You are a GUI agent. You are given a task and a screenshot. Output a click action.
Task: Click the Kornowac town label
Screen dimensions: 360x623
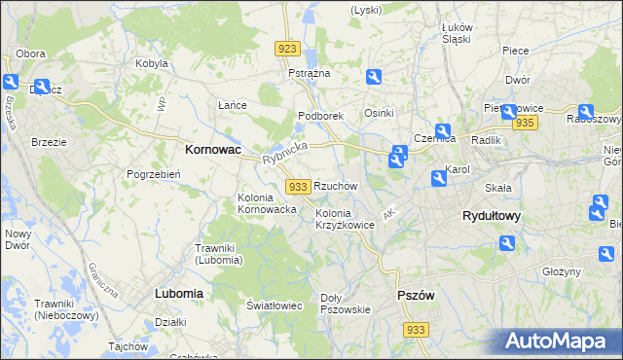213,151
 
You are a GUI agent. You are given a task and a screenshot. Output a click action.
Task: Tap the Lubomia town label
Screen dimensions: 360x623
178,292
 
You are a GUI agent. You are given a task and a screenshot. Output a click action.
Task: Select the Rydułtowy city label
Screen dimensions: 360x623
491,217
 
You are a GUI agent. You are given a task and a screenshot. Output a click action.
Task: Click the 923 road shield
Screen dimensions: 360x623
287,49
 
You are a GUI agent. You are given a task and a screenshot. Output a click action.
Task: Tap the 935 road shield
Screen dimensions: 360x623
526,123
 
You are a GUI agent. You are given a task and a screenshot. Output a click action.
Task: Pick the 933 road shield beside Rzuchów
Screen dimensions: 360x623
299,186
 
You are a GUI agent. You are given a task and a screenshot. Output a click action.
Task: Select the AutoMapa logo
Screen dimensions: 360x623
562,341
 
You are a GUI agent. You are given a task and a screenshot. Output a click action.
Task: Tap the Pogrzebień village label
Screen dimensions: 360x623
153,174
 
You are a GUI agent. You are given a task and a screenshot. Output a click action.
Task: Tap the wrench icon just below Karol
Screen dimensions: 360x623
438,178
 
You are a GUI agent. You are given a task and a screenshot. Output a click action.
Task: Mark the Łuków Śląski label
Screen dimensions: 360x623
456,33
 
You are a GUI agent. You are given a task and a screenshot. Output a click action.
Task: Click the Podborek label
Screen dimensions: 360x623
321,116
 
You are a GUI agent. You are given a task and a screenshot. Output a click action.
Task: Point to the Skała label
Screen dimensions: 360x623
498,186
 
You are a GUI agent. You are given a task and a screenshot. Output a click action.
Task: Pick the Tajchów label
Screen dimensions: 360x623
128,346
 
